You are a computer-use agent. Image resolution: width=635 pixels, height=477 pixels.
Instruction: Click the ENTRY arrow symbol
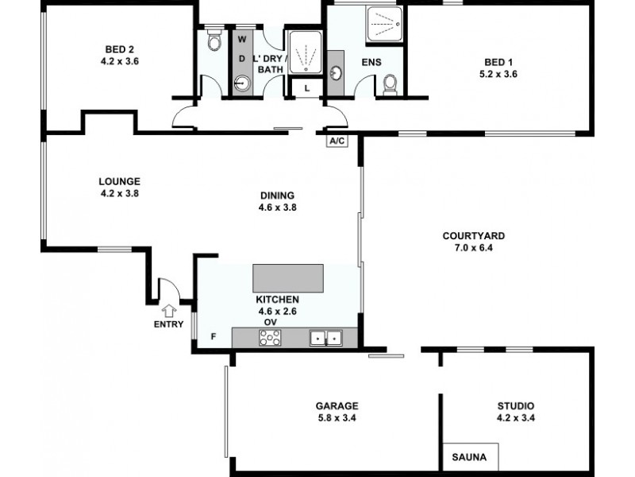point(169,312)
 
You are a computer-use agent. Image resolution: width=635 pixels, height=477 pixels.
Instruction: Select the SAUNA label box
point(471,457)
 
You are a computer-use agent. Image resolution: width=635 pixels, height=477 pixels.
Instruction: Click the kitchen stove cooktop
point(270,339)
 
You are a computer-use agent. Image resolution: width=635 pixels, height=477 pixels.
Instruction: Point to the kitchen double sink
point(325,339)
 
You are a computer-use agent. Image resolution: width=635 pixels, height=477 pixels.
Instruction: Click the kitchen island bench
point(288,278)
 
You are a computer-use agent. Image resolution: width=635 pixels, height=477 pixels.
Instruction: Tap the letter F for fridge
point(213,336)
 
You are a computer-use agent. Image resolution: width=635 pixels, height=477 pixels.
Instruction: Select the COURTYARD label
point(473,235)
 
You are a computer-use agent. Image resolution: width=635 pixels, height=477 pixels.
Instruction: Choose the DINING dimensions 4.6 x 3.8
point(277,208)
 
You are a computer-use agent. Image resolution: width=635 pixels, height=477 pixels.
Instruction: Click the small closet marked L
point(306,88)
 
